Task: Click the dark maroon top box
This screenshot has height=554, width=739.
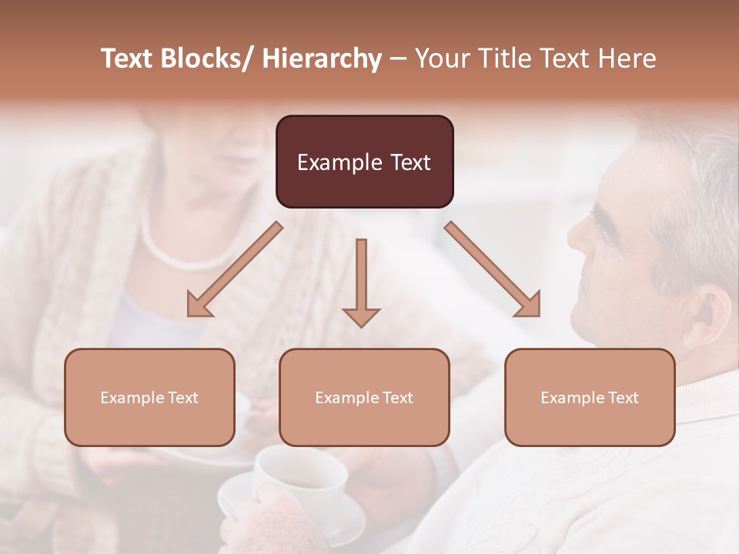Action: tap(364, 162)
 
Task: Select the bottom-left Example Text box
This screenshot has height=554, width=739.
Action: tap(149, 397)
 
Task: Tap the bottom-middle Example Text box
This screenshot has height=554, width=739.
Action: tap(364, 397)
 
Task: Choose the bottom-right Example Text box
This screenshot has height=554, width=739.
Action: tap(590, 397)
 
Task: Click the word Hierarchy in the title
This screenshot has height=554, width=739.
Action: tap(322, 58)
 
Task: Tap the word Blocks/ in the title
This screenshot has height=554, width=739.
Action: tap(210, 58)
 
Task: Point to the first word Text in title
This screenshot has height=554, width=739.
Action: tap(129, 58)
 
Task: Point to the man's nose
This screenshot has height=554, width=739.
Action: tap(578, 231)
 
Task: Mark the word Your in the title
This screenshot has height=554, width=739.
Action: tap(441, 58)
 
